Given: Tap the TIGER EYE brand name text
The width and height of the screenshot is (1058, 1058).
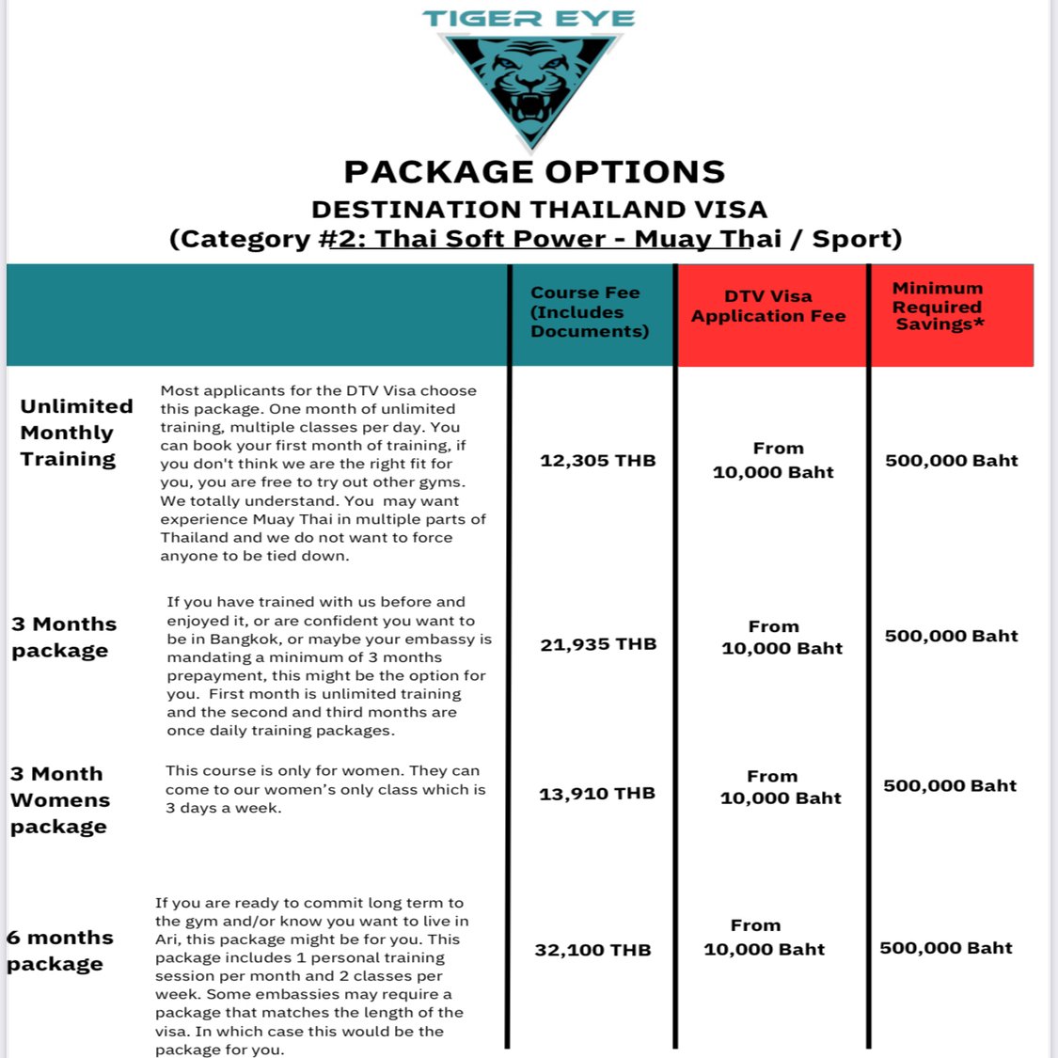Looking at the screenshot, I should (529, 19).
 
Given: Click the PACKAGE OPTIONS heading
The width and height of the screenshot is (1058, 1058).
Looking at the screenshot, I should (534, 172).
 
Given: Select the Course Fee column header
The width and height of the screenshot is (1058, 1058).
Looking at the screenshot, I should (589, 312).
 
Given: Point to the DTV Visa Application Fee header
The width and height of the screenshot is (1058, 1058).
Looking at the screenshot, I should (768, 307).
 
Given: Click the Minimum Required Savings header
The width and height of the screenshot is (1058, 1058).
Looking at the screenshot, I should (939, 307).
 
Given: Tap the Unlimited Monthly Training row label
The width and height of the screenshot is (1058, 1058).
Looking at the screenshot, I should (76, 433).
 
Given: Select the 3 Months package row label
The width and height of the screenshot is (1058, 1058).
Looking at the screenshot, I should (64, 638).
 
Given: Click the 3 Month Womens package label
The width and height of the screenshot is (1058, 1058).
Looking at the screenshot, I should (60, 800).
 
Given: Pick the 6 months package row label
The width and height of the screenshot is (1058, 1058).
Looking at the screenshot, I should (59, 951).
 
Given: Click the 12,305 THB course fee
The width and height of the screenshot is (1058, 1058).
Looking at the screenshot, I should (597, 461).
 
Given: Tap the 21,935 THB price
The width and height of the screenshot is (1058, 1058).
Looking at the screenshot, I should (598, 644).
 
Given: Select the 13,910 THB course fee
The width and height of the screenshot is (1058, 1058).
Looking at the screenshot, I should (596, 794).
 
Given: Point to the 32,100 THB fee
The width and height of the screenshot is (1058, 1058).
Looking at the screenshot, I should (592, 950).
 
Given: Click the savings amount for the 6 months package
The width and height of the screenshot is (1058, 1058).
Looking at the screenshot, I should (945, 948).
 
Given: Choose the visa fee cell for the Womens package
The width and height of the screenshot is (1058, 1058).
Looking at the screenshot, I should (780, 787).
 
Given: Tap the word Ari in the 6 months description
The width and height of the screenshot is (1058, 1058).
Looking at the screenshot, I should (166, 940).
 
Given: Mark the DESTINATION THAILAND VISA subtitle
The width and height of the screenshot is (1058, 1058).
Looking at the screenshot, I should (539, 209).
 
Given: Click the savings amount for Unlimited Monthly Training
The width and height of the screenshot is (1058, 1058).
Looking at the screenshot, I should (951, 461).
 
